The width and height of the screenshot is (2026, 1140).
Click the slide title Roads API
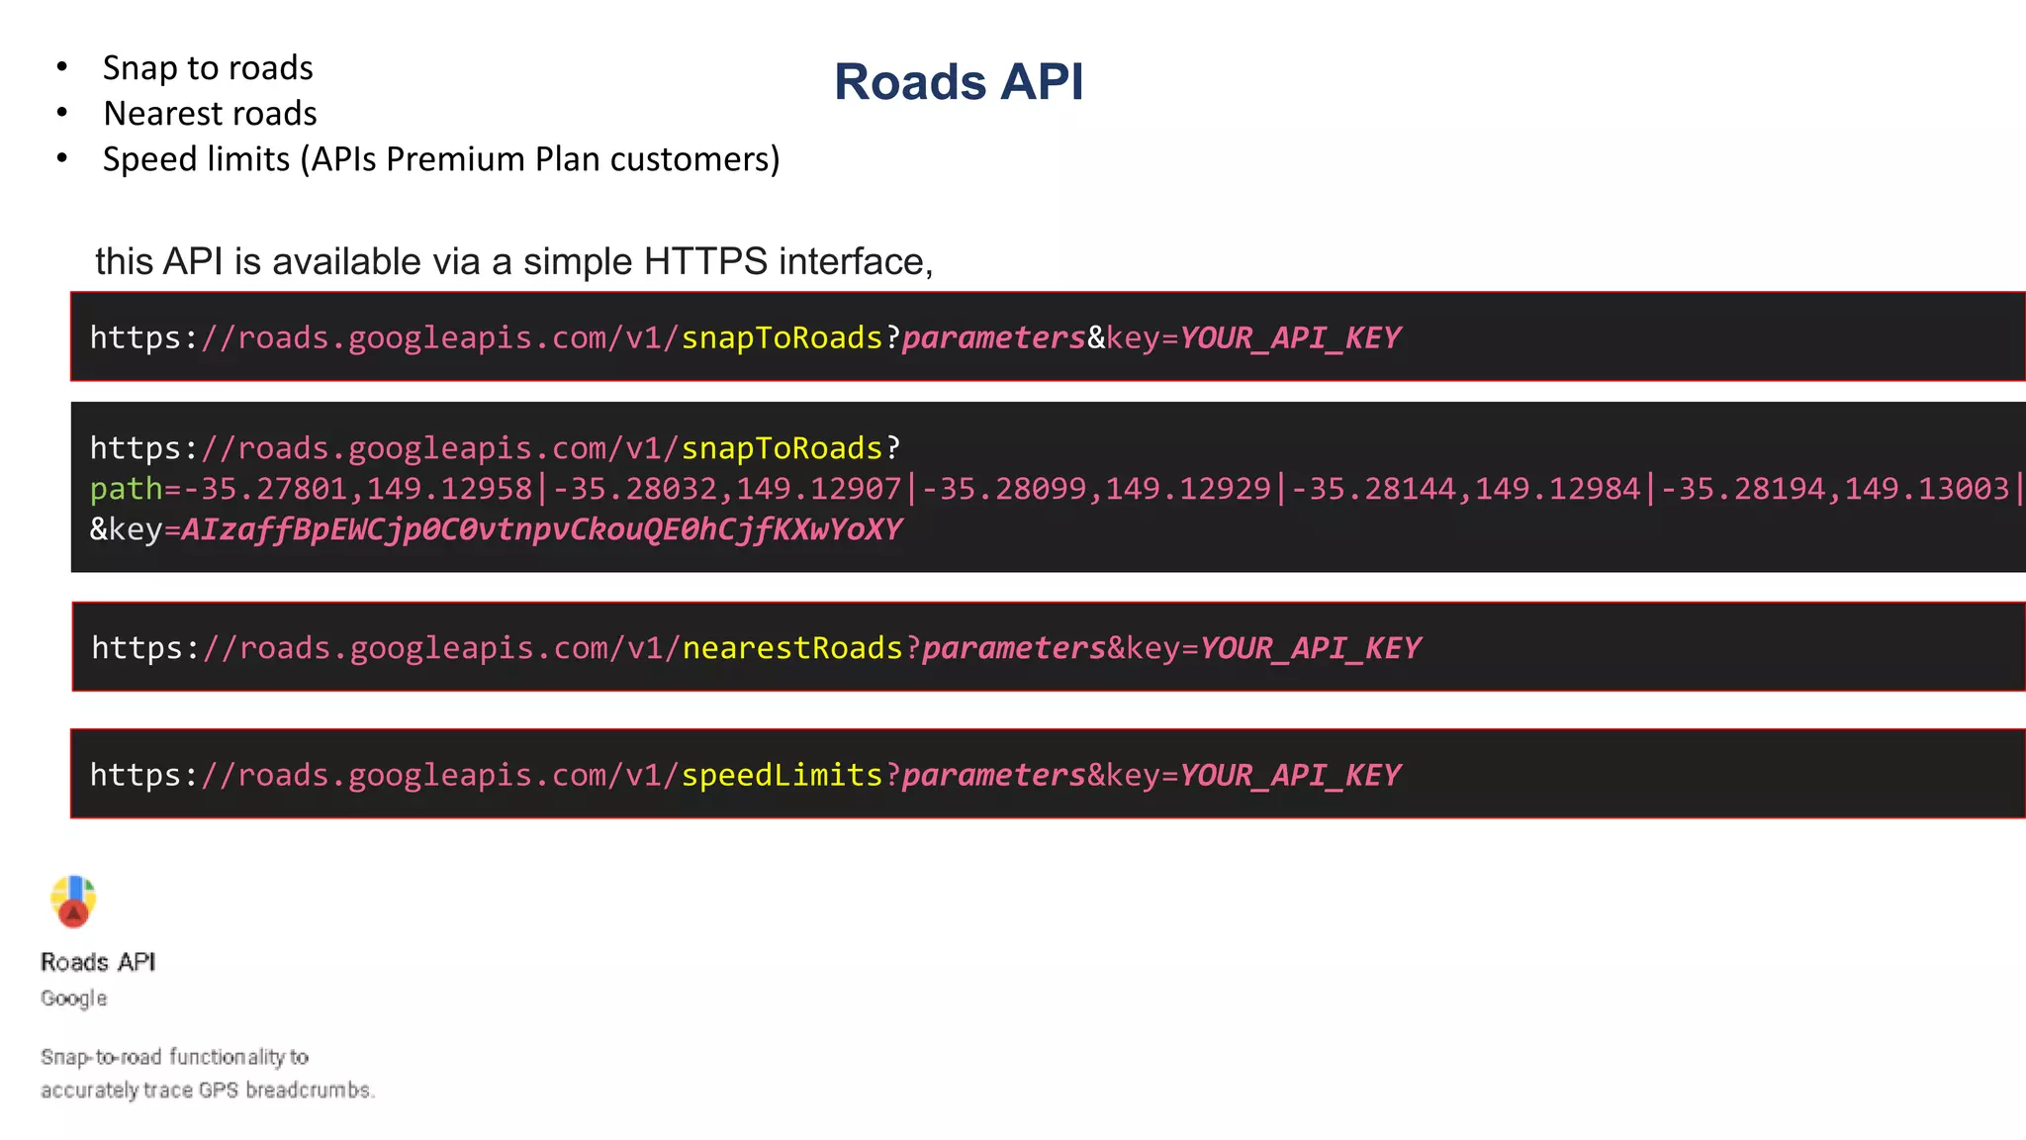(x=959, y=81)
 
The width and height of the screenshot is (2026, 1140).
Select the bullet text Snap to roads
(x=208, y=67)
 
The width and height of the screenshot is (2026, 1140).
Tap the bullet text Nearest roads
(x=210, y=114)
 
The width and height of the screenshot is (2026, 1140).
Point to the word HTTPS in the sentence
(x=705, y=262)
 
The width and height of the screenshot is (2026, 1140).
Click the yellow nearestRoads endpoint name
(x=792, y=648)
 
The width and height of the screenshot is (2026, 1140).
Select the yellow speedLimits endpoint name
(x=782, y=775)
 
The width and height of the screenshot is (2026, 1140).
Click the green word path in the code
(x=126, y=489)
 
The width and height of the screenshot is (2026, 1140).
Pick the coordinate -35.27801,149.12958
(x=358, y=489)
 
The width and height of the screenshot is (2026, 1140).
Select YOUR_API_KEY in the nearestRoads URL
(x=1310, y=648)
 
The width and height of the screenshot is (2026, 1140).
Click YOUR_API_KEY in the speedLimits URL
(x=1290, y=775)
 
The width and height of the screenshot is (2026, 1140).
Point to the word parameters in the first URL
(x=993, y=338)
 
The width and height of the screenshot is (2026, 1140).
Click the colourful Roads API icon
(x=73, y=902)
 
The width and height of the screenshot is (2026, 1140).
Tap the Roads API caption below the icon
(x=98, y=962)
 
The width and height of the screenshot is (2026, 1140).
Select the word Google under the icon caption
(x=74, y=998)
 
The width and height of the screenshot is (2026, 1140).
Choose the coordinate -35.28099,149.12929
(x=1096, y=489)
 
